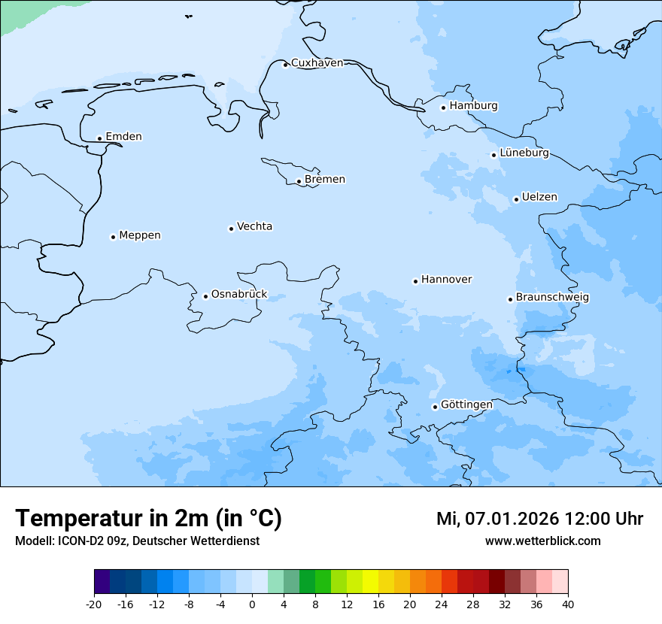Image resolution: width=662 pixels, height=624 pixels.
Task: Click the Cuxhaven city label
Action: coord(317,63)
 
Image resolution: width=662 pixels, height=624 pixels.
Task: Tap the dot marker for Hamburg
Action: coord(443,108)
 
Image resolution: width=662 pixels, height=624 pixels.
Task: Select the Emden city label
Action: coord(123,137)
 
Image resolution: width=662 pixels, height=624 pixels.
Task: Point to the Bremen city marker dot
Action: coord(299,181)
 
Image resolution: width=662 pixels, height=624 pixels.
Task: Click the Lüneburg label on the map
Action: coord(524,153)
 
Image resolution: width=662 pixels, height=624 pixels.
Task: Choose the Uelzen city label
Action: coord(539,198)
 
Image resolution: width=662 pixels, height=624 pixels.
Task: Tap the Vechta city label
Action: coord(254,227)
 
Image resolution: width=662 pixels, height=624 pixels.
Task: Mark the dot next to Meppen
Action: coord(113,237)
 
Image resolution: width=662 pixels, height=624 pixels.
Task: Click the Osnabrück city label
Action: coord(239,295)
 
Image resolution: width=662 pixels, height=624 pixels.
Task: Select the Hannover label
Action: coord(446,280)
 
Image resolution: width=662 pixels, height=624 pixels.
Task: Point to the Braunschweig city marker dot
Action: coord(510,299)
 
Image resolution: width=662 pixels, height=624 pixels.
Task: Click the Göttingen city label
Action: coord(466,405)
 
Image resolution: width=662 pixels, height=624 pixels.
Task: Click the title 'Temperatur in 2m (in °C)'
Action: coord(148,519)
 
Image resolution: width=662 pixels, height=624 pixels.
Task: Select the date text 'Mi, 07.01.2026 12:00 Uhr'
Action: coord(539,519)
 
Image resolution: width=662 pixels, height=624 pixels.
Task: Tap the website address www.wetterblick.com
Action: coord(542,541)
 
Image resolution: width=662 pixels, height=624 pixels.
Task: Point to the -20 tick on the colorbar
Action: coord(94,604)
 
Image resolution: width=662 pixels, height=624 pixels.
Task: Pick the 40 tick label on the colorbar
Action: coord(568,604)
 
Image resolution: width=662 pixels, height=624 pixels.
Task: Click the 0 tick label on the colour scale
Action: coord(252,604)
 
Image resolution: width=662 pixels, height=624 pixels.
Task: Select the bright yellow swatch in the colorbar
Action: coord(370,582)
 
